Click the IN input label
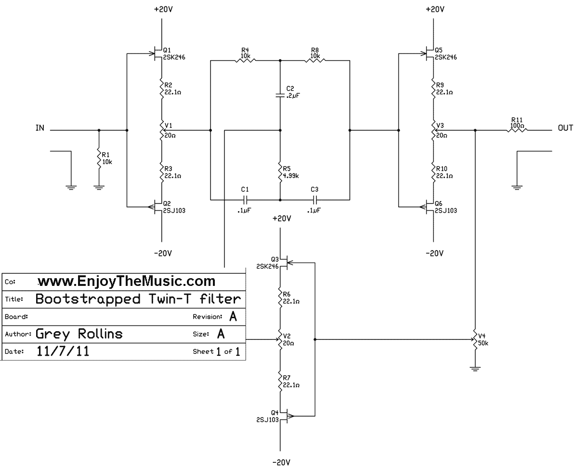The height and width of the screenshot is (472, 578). [x=40, y=128]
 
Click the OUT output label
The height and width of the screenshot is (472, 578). [x=565, y=128]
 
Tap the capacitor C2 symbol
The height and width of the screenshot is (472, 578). [x=280, y=95]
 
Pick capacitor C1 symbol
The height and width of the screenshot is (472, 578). [x=245, y=199]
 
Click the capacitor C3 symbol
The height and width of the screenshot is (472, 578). [x=315, y=199]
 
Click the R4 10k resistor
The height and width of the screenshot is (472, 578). [x=245, y=60]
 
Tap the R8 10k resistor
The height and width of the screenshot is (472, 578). [x=315, y=60]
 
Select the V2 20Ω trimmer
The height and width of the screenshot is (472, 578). [x=280, y=340]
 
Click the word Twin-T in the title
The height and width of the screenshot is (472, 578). [x=165, y=299]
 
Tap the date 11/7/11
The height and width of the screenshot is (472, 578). [x=63, y=351]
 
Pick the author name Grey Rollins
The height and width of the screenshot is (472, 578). [x=79, y=334]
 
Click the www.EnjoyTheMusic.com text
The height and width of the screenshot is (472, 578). [x=126, y=281]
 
